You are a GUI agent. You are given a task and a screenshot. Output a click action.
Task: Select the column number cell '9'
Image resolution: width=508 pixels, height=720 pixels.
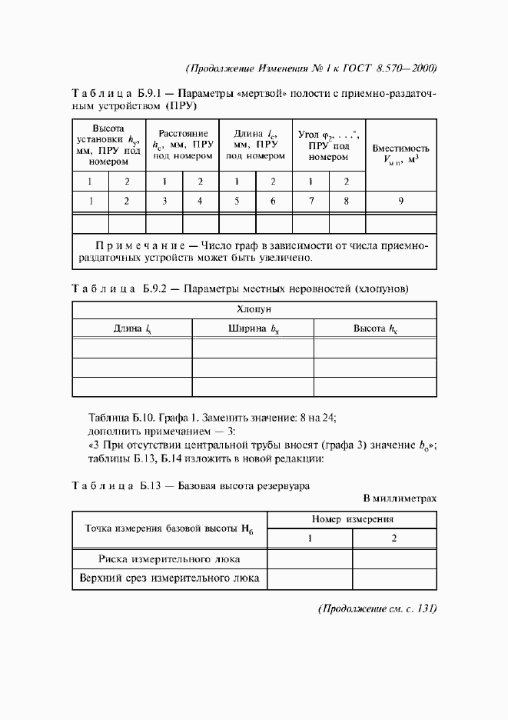[400, 202]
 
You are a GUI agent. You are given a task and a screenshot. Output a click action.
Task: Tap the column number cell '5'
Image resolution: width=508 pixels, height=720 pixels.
[237, 202]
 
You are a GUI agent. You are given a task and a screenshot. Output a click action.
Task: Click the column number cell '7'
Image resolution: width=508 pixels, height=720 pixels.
[310, 202]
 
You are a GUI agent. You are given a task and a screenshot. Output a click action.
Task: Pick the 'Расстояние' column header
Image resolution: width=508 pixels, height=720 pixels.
[182, 144]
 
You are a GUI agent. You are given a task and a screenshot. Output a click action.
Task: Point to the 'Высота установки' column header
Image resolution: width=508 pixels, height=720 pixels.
[108, 145]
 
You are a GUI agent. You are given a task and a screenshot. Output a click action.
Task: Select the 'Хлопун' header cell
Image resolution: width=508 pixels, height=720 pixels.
[254, 309]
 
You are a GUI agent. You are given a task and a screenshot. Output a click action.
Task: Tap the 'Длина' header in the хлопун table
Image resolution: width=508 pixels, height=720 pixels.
[131, 328]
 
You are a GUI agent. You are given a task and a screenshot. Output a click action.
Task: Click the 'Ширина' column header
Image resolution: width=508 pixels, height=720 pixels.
[253, 328]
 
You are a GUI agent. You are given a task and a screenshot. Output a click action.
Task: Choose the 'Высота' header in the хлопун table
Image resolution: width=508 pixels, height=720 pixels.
[375, 328]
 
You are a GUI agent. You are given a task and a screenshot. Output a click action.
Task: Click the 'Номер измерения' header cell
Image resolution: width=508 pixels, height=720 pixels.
[351, 520]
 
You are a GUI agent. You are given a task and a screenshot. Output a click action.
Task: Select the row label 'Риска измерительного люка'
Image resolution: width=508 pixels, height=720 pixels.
[169, 558]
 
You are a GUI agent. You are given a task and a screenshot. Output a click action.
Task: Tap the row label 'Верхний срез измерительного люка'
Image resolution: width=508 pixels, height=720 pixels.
[169, 578]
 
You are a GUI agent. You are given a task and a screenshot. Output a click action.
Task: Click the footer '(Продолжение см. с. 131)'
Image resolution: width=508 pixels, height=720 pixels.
[377, 608]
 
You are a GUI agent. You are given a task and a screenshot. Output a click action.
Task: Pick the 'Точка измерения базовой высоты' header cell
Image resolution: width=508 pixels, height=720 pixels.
[169, 529]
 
